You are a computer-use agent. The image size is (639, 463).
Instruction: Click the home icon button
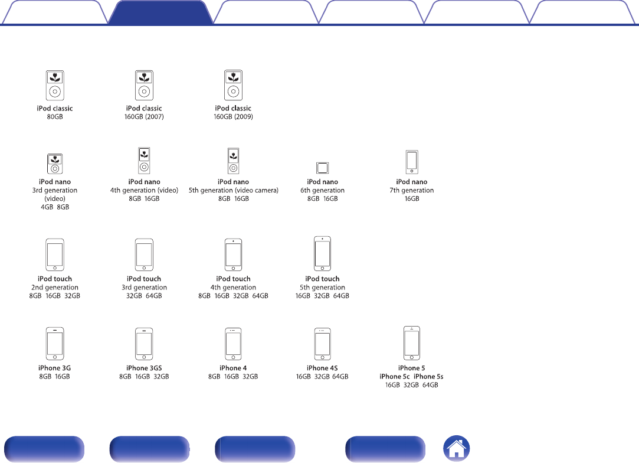[457, 448]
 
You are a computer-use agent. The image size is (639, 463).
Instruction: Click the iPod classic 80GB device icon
[55, 85]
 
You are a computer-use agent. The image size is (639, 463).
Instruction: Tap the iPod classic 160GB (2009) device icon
[233, 85]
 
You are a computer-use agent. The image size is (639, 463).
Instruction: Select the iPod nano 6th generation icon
[322, 168]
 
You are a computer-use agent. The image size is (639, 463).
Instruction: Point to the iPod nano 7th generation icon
[412, 162]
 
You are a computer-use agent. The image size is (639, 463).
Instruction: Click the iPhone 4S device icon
[322, 344]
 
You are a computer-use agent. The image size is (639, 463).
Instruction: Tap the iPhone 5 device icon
[412, 343]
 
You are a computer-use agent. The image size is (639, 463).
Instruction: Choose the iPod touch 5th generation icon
[322, 254]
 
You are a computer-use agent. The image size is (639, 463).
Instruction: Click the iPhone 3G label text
[55, 368]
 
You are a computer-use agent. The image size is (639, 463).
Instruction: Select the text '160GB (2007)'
[144, 117]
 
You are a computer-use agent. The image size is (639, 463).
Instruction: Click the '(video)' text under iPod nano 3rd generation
[55, 198]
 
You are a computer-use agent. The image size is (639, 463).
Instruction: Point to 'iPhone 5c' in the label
[395, 377]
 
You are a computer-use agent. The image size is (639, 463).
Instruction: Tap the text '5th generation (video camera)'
[234, 190]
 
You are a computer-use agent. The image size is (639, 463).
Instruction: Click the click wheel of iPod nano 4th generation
[144, 167]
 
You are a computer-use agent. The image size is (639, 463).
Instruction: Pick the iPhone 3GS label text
[144, 368]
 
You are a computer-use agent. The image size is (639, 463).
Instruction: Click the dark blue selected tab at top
[160, 12]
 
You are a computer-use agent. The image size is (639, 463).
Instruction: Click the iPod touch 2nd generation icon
[55, 255]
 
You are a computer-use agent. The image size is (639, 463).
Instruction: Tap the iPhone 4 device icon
[233, 344]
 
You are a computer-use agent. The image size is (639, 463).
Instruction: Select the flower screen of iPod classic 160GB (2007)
[144, 77]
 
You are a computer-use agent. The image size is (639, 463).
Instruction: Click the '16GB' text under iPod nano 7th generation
[412, 198]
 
